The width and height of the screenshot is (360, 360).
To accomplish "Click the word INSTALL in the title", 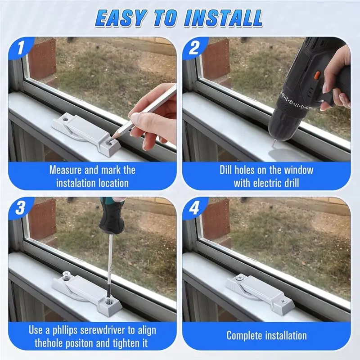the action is pos(223,18).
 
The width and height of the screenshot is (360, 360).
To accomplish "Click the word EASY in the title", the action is pos(121,18).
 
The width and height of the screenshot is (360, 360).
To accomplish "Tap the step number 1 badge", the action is pos(21,48).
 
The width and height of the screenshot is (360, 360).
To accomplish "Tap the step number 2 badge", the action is pos(194,48).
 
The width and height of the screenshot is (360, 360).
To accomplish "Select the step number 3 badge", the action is pos(20,208).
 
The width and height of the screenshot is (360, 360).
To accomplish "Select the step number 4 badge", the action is pos(194,208).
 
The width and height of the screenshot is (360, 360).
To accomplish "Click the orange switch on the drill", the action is pos(317,75).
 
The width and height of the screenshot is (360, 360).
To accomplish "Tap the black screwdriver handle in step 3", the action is pos(112,215).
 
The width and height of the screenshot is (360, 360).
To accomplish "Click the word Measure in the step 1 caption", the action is pos(65,170).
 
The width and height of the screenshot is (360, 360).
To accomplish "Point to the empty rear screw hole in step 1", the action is pos(66,119).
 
